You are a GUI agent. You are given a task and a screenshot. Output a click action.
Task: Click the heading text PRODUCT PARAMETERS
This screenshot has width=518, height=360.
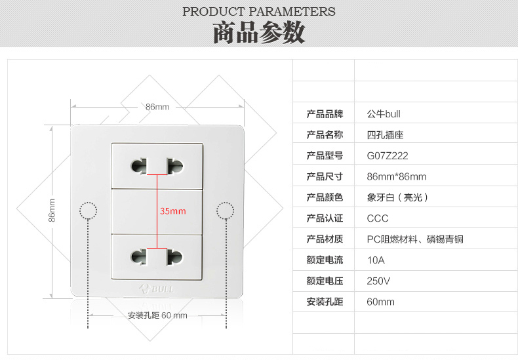tap(259, 11)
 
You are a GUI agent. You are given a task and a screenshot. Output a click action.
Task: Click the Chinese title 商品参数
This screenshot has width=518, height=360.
tap(259, 33)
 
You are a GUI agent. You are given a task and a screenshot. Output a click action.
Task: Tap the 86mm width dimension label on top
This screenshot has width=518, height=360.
tap(157, 107)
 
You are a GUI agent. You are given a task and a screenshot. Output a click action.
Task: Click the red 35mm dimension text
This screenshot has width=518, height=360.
tap(173, 211)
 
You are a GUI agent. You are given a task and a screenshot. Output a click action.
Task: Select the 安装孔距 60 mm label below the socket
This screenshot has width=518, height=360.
tap(157, 315)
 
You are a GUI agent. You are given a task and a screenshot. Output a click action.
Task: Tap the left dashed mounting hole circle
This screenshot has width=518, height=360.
tap(88, 210)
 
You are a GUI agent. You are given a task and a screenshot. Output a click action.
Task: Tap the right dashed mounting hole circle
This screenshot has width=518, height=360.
tap(225, 210)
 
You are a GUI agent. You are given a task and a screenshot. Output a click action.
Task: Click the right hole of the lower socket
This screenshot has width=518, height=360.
tap(175, 256)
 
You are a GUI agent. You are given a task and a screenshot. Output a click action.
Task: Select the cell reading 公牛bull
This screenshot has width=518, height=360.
tap(384, 113)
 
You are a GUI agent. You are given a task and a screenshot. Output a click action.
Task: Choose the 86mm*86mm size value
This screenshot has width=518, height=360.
tap(397, 176)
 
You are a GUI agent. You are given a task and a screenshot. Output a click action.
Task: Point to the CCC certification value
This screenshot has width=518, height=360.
tap(378, 218)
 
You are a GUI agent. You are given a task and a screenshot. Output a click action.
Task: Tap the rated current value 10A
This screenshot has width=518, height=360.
tap(376, 260)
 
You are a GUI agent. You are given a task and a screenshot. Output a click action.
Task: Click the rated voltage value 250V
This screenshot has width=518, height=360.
tap(378, 281)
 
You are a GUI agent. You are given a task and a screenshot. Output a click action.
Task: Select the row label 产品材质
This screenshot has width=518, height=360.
tap(325, 239)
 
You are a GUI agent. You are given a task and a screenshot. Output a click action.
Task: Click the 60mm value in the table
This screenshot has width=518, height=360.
tap(381, 302)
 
